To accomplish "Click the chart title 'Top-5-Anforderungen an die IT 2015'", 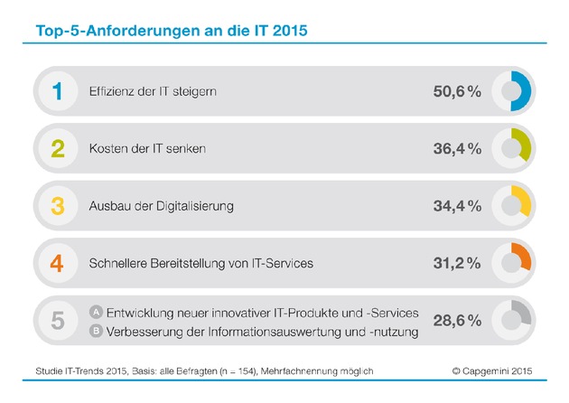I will pos(172,32).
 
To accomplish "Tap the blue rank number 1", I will pos(59,92).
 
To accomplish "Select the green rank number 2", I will pos(59,149).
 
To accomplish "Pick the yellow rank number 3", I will pos(59,206).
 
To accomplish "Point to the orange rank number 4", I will pos(59,263).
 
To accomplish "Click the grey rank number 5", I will pos(59,321).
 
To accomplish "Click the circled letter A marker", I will pos(95,312).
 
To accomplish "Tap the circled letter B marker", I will pos(95,330).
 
